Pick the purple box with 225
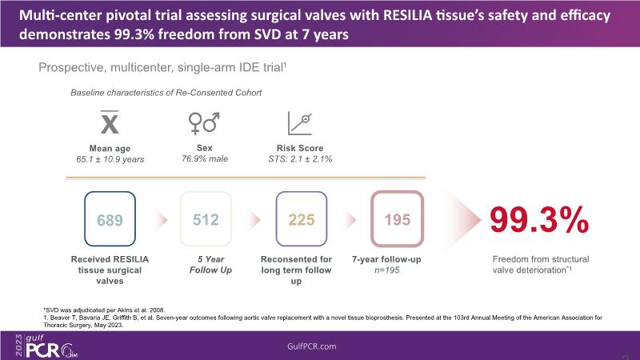point(302,218)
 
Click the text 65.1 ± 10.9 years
point(110,159)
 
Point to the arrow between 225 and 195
point(350,219)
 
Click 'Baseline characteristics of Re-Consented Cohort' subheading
point(166,93)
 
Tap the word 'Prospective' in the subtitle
point(68,69)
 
